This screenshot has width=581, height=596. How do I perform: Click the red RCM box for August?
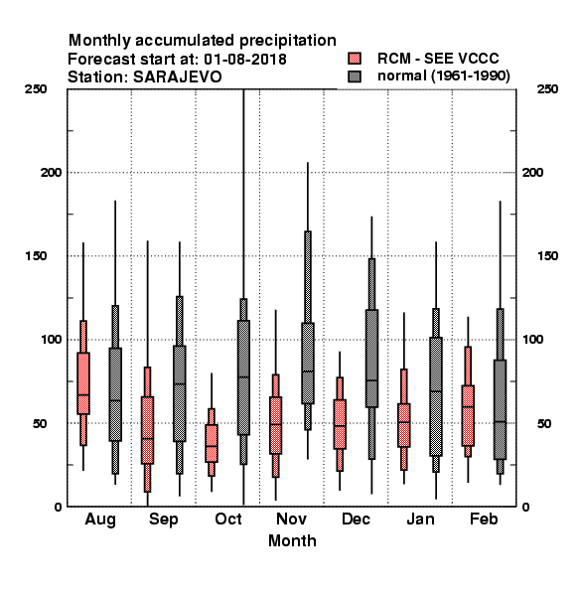click(x=83, y=383)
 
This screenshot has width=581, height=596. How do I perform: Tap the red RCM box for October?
click(x=212, y=443)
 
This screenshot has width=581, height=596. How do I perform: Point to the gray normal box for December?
click(x=372, y=359)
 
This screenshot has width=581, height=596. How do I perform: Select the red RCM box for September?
click(x=147, y=430)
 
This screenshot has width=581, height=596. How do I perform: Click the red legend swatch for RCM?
click(x=355, y=59)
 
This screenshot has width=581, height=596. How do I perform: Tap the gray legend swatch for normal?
click(x=355, y=76)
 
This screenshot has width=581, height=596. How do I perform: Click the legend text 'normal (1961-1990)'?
click(x=443, y=76)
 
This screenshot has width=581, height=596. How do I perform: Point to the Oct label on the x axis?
click(x=228, y=520)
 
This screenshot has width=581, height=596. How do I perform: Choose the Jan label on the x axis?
click(x=420, y=520)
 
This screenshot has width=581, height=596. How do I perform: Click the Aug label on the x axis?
click(x=100, y=520)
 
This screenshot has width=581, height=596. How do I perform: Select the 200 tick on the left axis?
click(x=51, y=172)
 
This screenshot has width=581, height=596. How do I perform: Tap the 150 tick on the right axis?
click(x=548, y=256)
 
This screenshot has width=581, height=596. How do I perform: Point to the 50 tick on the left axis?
click(x=40, y=423)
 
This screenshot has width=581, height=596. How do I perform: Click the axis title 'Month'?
click(x=292, y=541)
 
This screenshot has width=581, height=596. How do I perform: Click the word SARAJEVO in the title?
click(x=178, y=77)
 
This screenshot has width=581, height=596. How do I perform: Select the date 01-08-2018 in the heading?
click(x=245, y=60)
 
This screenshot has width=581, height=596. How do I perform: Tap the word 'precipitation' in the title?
click(x=288, y=41)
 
